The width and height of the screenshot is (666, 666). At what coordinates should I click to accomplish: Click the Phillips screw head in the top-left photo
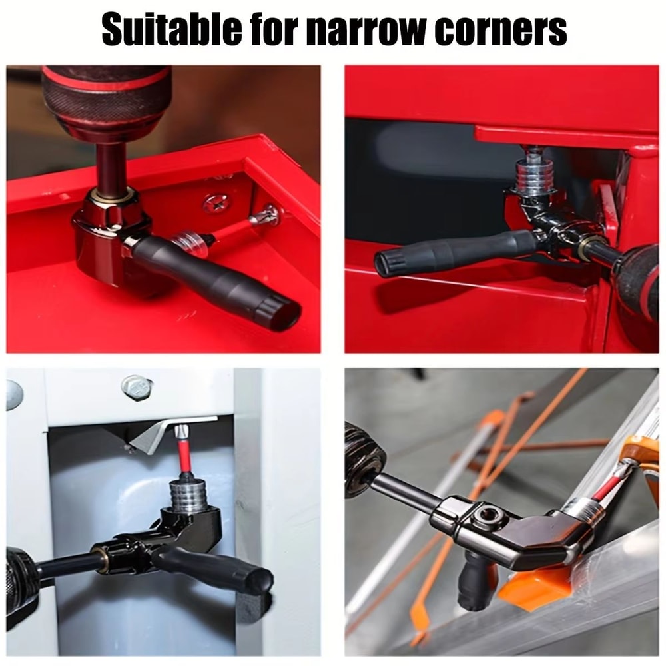[x=216, y=203]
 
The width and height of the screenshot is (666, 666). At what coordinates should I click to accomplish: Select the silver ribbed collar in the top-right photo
[x=532, y=176]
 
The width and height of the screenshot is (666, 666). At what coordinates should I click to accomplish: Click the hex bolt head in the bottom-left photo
[x=136, y=386]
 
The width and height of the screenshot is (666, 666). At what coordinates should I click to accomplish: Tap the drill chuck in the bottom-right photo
[x=363, y=460]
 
